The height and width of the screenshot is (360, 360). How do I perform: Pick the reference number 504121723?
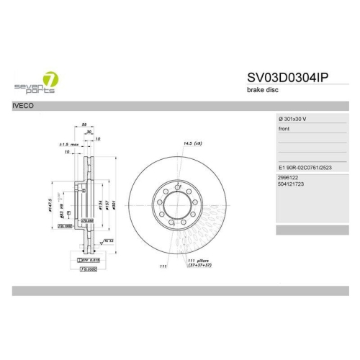[292, 184]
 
